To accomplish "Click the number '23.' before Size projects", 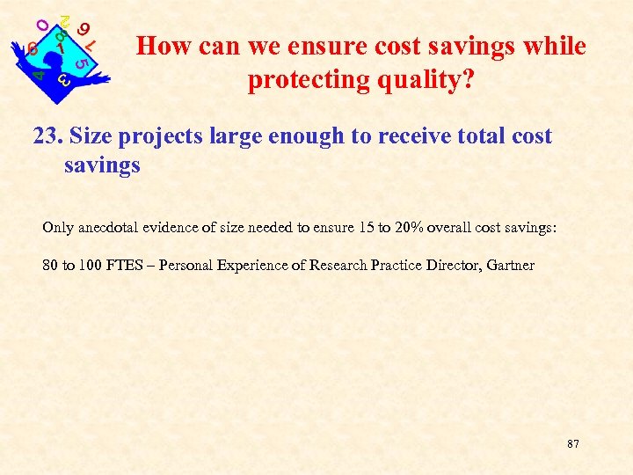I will point(47,136).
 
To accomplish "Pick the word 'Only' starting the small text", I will point(57,228).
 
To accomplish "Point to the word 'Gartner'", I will point(507,265).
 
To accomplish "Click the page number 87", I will point(573,444).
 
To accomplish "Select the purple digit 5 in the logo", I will point(81,62).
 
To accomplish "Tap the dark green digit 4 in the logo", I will point(39,76).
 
